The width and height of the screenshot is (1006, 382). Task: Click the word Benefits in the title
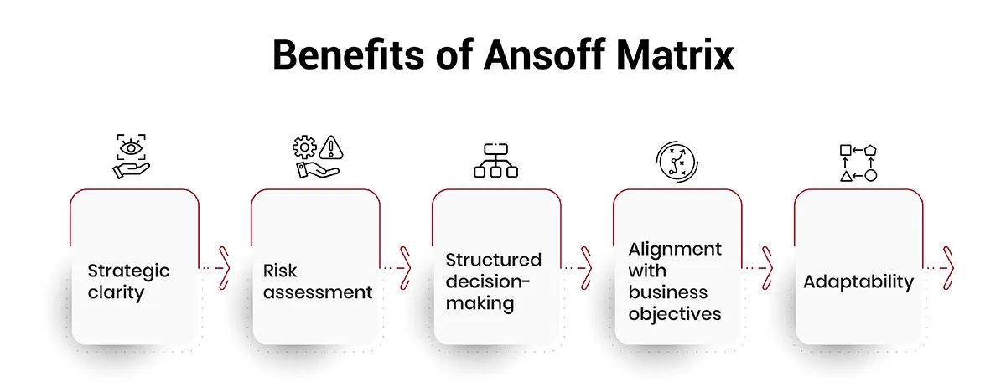coord(348,54)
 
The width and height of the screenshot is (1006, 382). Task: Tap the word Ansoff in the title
coord(544,54)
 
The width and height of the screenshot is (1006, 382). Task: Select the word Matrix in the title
coord(675,54)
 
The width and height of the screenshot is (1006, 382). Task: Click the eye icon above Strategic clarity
coord(131,147)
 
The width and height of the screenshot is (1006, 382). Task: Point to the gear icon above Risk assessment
coord(304,147)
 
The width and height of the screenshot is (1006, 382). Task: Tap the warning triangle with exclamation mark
coord(331,147)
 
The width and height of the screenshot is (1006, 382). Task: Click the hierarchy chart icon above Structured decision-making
coord(495,161)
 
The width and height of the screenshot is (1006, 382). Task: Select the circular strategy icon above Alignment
coord(677,162)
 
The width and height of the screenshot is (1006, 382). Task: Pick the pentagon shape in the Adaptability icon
coord(870,150)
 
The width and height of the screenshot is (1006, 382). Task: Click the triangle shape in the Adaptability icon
coord(846,176)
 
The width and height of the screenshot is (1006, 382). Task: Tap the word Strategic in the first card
coord(128,271)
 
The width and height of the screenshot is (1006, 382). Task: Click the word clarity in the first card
coord(116,292)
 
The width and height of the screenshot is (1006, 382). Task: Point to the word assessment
coord(318,292)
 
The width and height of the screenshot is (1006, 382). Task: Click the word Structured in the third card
coord(494,260)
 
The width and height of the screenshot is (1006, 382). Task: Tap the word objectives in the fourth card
coord(675,314)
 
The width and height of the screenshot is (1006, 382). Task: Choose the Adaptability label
coord(858,282)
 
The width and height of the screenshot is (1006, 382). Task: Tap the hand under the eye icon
coord(131,171)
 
